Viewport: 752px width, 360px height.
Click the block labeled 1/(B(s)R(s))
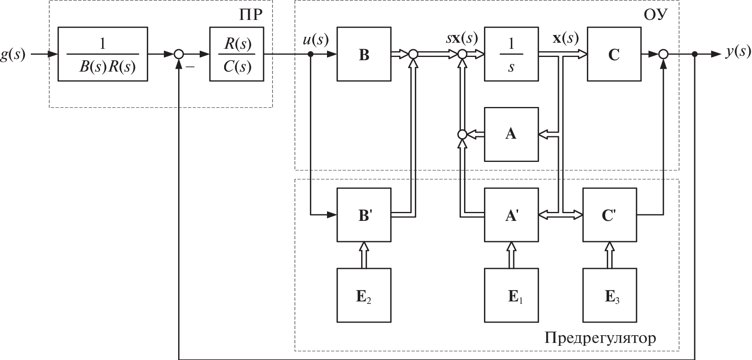point(102,54)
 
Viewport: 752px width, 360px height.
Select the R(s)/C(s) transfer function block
point(237,54)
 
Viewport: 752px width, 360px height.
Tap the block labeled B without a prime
point(364,54)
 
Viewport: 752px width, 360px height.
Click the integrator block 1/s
point(511,54)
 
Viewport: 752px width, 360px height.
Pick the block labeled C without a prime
point(614,54)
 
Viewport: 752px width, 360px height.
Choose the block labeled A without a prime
point(511,134)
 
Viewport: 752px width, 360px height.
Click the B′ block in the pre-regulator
point(364,215)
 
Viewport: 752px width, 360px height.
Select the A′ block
point(511,215)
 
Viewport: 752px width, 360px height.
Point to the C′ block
point(609,215)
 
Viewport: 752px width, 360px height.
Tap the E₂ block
point(364,295)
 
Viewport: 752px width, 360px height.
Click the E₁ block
point(511,295)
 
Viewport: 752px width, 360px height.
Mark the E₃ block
point(609,295)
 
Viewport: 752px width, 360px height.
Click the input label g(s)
point(13,55)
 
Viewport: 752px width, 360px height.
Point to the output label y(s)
point(738,52)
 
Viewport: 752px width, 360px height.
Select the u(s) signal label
point(316,39)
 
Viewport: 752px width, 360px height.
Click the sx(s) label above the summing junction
point(461,39)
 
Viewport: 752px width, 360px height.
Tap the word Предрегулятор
point(600,337)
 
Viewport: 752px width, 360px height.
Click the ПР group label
point(250,15)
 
